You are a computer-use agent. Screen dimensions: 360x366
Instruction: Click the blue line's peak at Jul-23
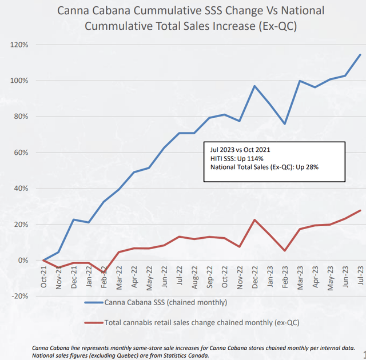360,55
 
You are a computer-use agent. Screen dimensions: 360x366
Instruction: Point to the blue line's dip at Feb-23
285,124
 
